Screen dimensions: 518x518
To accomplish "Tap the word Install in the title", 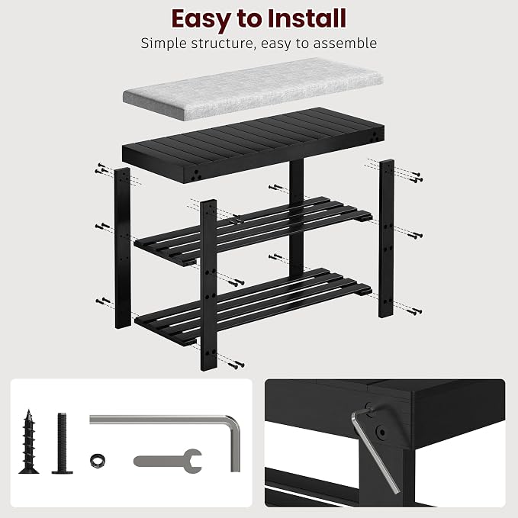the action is click(x=307, y=18).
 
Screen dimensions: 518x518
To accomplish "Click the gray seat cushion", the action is click(x=253, y=88).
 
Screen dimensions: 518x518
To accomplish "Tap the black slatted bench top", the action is click(x=253, y=145).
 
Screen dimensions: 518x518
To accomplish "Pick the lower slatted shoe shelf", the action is click(x=253, y=306).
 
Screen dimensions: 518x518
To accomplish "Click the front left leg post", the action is click(x=122, y=248).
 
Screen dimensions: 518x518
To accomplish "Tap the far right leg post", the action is click(x=386, y=239).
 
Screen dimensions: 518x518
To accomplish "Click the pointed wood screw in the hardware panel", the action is click(x=29, y=442).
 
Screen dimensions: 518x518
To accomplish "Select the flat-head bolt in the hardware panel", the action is click(x=62, y=443).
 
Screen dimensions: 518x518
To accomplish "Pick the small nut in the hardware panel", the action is click(x=98, y=461).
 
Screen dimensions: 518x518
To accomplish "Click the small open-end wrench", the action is click(x=168, y=461).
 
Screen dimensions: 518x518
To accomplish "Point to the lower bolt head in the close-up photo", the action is click(x=381, y=432).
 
